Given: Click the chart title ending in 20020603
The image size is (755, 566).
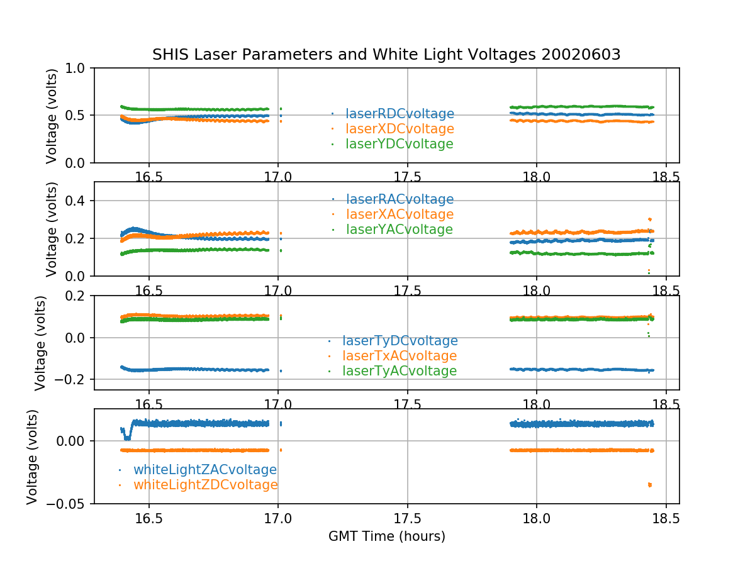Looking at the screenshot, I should click(x=386, y=55).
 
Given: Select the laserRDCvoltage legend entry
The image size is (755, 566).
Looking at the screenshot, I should click(x=400, y=114).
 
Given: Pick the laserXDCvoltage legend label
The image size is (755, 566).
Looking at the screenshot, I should click(x=400, y=129).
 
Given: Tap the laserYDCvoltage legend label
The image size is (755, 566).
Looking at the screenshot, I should click(x=400, y=144).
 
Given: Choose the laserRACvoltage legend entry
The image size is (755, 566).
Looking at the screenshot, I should click(x=400, y=199).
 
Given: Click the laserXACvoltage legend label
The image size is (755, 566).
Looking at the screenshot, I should click(x=400, y=214).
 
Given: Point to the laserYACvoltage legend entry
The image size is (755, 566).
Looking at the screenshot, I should click(x=400, y=230).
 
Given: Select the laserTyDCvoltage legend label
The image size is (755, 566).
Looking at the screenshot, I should click(x=400, y=341).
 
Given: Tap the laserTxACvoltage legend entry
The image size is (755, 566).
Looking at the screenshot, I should click(x=400, y=356).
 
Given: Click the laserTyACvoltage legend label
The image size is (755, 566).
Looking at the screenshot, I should click(x=400, y=371).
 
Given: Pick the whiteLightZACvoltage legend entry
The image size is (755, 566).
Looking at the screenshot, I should click(x=204, y=470).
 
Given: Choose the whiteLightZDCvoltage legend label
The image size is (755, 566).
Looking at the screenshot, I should click(x=205, y=485).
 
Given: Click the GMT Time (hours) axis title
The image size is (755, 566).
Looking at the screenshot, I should click(x=386, y=536).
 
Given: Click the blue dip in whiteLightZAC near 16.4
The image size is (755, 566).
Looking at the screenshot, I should click(x=128, y=437).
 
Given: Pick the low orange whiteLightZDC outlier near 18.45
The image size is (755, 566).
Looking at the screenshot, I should click(x=650, y=484).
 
